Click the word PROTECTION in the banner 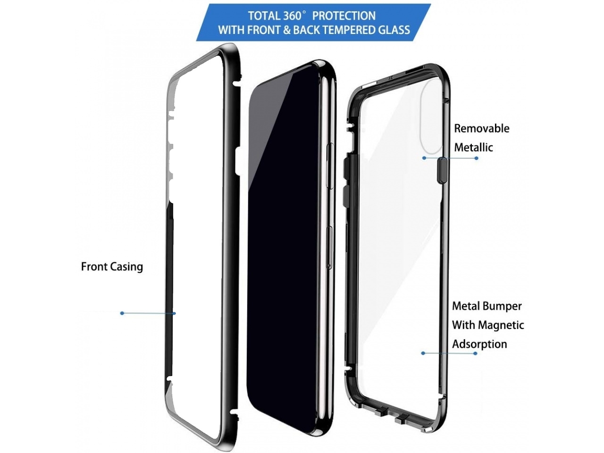pyautogui.click(x=344, y=16)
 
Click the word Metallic pyautogui.click(x=473, y=148)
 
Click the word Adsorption pyautogui.click(x=479, y=344)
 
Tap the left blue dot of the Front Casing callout pyautogui.click(x=122, y=313)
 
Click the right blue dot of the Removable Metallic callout pyautogui.click(x=476, y=158)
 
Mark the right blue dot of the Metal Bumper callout pyautogui.click(x=476, y=353)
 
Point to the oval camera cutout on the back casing pyautogui.click(x=431, y=117)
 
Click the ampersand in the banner pyautogui.click(x=287, y=30)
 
